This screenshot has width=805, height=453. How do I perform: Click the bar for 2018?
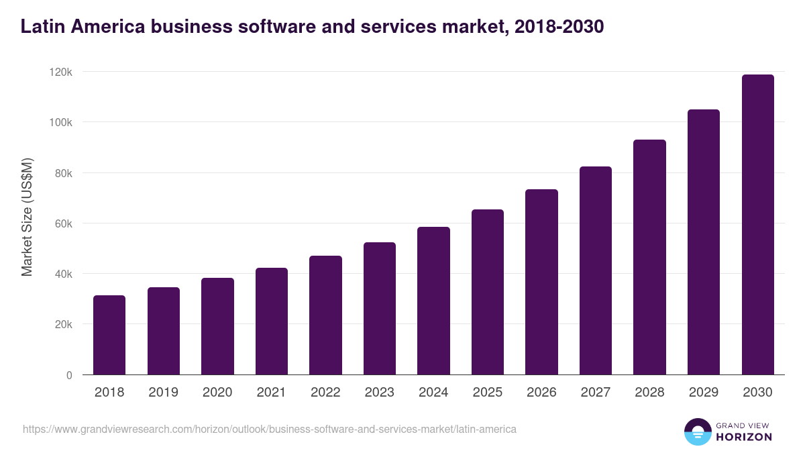click(109, 335)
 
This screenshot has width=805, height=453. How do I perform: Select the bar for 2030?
click(758, 225)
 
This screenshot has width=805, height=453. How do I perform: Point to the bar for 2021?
click(272, 321)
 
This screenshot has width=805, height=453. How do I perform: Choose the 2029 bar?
click(704, 242)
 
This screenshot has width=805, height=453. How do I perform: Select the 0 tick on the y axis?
click(69, 375)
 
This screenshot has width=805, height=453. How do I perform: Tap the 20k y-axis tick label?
click(63, 324)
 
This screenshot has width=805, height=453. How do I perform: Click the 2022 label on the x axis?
click(325, 393)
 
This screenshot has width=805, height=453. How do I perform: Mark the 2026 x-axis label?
click(541, 393)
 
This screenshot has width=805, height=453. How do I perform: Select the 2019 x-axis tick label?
click(163, 393)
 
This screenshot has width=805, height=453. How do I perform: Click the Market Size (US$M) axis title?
click(27, 217)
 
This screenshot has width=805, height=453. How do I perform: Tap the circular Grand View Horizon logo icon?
click(697, 432)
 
